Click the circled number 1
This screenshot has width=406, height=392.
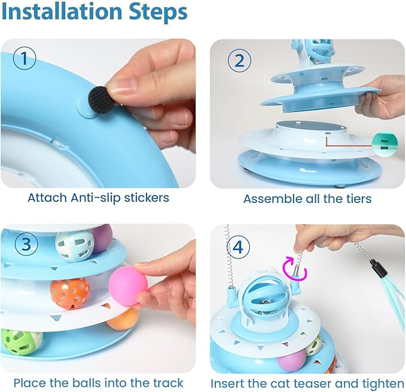pyautogui.click(x=25, y=58)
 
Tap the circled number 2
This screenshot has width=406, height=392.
pyautogui.click(x=239, y=60)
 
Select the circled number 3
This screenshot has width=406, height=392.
pyautogui.click(x=26, y=244)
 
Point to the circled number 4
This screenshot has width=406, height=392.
pyautogui.click(x=238, y=247)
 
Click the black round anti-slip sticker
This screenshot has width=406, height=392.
pyautogui.click(x=101, y=98)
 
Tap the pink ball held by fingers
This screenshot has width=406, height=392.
pyautogui.click(x=128, y=285)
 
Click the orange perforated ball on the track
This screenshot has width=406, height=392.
pyautogui.click(x=69, y=294)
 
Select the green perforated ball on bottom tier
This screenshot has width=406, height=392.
pyautogui.click(x=22, y=342)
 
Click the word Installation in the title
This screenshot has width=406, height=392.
pyautogui.click(x=62, y=11)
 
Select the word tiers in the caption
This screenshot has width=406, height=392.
pyautogui.click(x=359, y=199)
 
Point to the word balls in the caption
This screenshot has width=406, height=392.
pyautogui.click(x=88, y=383)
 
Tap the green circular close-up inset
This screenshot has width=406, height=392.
pyautogui.click(x=384, y=144)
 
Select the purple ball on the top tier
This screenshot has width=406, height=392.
pyautogui.click(x=102, y=238)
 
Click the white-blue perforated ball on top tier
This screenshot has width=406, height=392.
pyautogui.click(x=75, y=245)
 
